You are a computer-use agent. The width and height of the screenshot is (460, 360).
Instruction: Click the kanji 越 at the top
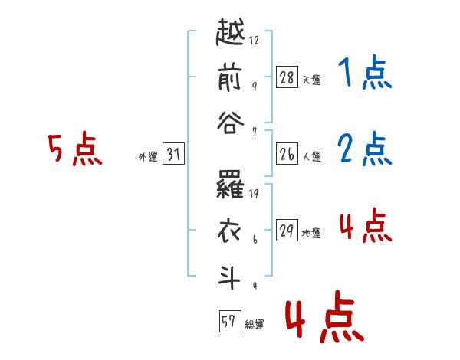[x=230, y=32]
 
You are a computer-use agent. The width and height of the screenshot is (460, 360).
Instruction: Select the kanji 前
[x=230, y=78]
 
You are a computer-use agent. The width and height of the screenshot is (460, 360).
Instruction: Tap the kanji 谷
[x=230, y=123]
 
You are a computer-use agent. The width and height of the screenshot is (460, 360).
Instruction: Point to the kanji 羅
[x=230, y=185]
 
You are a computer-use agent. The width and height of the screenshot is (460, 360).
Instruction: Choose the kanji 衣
[x=229, y=231]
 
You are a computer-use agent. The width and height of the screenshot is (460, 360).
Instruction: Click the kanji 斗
[x=229, y=277]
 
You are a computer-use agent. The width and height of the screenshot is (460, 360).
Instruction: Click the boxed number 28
[x=287, y=77]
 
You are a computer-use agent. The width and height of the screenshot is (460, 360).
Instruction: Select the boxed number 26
[x=287, y=154]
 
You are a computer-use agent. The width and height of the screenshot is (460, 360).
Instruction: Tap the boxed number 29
[x=287, y=230]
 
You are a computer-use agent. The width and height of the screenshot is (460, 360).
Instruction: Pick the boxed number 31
[x=173, y=153]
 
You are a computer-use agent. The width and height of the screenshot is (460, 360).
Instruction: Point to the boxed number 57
[x=230, y=321]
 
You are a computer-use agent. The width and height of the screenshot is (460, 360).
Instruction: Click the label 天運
[x=312, y=80]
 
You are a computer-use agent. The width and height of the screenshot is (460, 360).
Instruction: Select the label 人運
[x=312, y=156]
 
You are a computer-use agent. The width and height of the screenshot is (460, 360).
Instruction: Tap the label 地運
[x=311, y=233]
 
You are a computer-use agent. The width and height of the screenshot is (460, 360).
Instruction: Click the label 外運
[x=148, y=157]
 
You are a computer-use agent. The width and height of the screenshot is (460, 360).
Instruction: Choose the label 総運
[x=255, y=325]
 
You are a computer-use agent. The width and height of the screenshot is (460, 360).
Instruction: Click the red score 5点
[x=75, y=149]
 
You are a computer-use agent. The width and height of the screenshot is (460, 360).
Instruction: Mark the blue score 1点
[x=365, y=72]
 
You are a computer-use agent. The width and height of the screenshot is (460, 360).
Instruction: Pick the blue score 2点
[x=365, y=149]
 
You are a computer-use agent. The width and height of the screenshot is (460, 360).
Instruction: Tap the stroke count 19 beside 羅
[x=254, y=194]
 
